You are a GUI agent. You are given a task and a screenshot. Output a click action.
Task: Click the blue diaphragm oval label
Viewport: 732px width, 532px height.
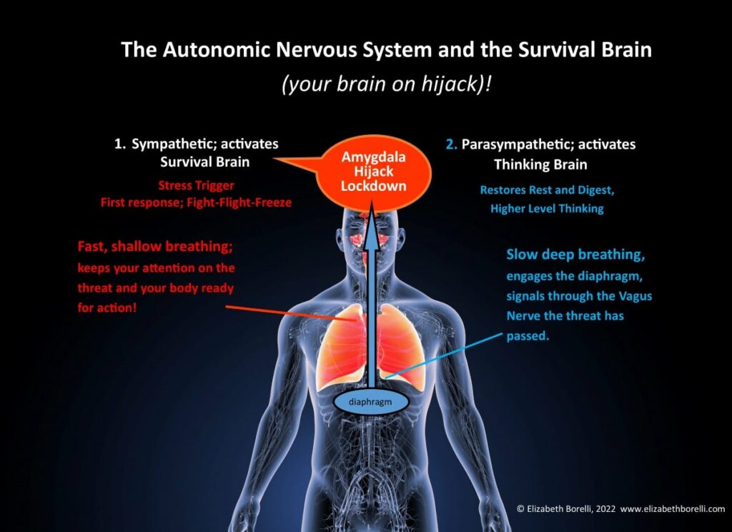tap(370, 402)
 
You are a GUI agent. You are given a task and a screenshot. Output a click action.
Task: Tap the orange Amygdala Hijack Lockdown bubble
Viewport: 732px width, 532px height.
tap(373, 172)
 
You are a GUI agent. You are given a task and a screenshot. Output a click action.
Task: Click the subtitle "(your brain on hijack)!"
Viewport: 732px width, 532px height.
tap(385, 84)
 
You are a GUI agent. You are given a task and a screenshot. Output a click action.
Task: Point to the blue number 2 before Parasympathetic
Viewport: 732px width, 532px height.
tap(451, 144)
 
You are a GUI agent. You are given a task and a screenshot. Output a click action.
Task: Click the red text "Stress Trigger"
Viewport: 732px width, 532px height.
tap(196, 185)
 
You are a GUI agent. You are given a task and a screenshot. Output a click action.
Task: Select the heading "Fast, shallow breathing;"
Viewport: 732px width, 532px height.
tap(155, 246)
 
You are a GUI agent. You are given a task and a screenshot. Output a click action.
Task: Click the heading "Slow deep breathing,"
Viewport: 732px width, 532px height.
tap(575, 255)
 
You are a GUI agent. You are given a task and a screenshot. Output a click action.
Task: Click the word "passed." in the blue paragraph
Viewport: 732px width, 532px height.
tap(528, 336)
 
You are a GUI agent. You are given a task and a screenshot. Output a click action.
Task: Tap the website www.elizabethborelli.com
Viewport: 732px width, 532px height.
tap(672, 508)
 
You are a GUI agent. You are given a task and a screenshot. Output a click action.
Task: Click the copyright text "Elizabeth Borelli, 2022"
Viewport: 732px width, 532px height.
tap(570, 508)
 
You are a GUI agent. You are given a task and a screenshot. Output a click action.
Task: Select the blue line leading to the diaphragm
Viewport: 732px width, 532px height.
tap(444, 355)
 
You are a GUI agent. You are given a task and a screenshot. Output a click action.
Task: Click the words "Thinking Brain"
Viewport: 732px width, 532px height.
tap(540, 164)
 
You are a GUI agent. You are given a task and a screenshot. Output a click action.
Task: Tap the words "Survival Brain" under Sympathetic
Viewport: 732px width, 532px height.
tap(205, 162)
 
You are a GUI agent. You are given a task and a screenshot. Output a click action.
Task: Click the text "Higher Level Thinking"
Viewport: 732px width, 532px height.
tap(547, 208)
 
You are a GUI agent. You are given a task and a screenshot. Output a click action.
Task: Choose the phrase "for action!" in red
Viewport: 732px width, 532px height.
tap(107, 307)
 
